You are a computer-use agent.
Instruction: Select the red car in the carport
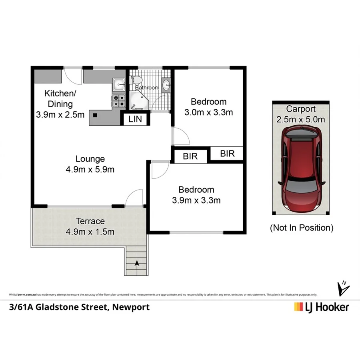301,170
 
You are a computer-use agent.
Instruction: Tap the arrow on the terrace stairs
137,263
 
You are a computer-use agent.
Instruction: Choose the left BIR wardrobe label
190,156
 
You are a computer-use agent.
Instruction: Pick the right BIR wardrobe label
227,153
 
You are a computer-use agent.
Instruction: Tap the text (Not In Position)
301,228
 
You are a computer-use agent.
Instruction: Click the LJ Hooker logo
321,307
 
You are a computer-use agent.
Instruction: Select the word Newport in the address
131,307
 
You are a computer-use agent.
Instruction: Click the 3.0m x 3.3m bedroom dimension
208,112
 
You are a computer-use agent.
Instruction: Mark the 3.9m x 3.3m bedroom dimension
196,200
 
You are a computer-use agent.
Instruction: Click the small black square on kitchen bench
95,116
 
